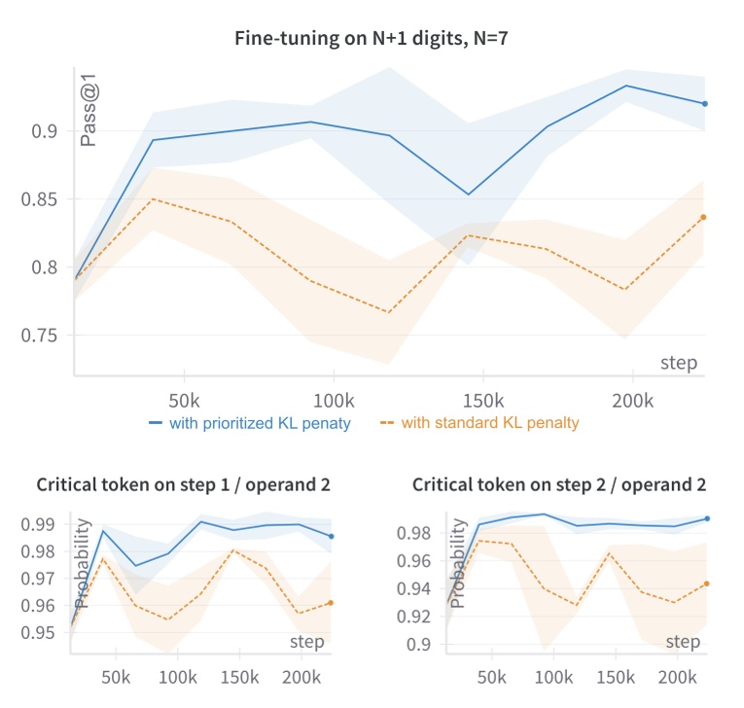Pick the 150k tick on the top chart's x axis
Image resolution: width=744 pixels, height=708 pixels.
tap(482, 401)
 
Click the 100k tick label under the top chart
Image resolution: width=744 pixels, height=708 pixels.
tap(333, 401)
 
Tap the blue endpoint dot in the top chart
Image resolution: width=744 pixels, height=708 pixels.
tap(704, 104)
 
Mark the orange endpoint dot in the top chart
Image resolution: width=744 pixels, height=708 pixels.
tap(704, 217)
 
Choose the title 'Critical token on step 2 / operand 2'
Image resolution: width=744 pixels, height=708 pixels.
tap(559, 484)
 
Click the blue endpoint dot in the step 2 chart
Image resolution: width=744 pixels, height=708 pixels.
tap(707, 518)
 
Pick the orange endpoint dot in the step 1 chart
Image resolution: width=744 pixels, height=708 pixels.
tap(332, 603)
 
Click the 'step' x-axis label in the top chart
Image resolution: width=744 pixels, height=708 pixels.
tap(679, 363)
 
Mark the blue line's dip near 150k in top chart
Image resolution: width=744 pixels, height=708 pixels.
tap(469, 195)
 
